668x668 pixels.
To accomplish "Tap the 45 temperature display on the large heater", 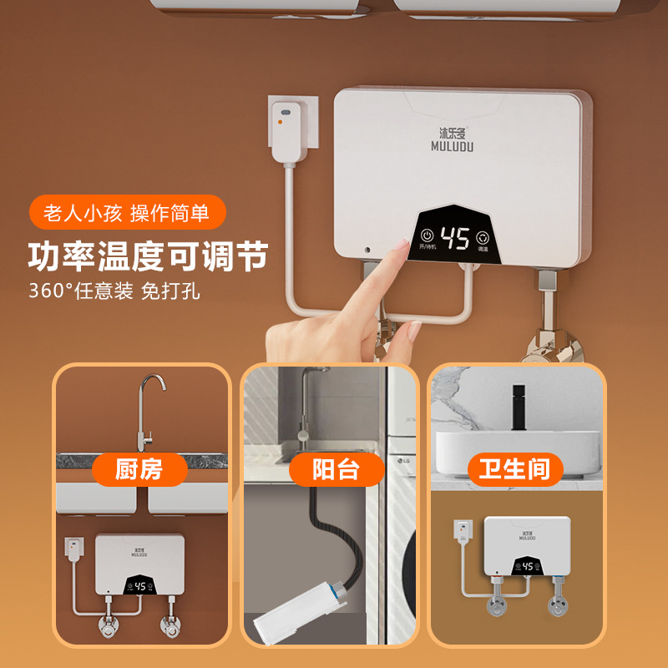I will (455, 240).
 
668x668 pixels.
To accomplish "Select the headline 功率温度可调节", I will (148, 256).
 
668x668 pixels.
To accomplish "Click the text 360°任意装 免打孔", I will (114, 291).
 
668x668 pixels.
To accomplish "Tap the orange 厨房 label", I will (139, 468).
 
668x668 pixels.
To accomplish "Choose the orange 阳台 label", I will (336, 469).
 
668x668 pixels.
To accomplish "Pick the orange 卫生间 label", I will (515, 468).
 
